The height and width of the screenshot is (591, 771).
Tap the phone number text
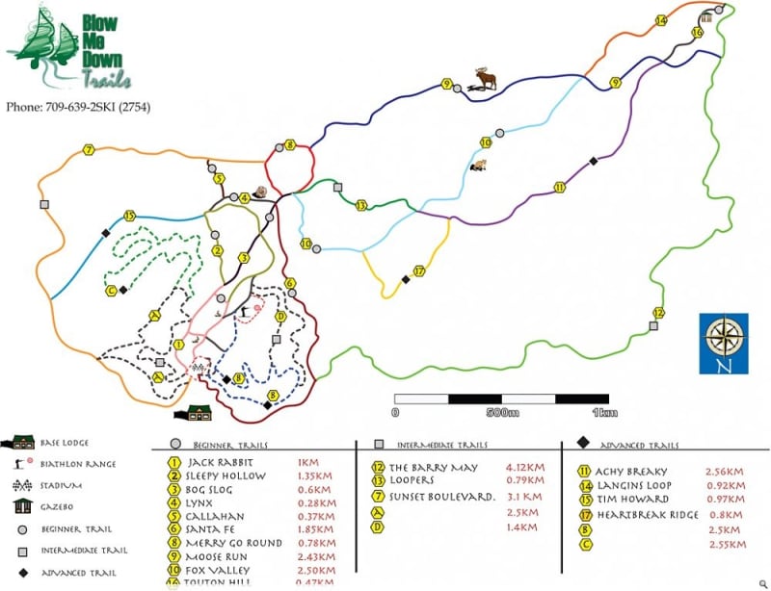(77, 107)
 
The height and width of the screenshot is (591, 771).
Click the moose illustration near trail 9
(485, 80)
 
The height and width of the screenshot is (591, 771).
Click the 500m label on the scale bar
(502, 413)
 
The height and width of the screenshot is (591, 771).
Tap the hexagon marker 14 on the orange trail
(661, 20)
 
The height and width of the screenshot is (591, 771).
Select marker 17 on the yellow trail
(418, 271)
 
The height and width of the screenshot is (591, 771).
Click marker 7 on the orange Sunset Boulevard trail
(88, 150)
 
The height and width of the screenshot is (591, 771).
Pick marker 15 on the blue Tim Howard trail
(129, 217)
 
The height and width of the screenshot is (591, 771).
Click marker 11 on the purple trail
(558, 187)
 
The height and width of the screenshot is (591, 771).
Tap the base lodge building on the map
(197, 413)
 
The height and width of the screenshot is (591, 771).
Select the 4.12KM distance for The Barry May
(524, 467)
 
